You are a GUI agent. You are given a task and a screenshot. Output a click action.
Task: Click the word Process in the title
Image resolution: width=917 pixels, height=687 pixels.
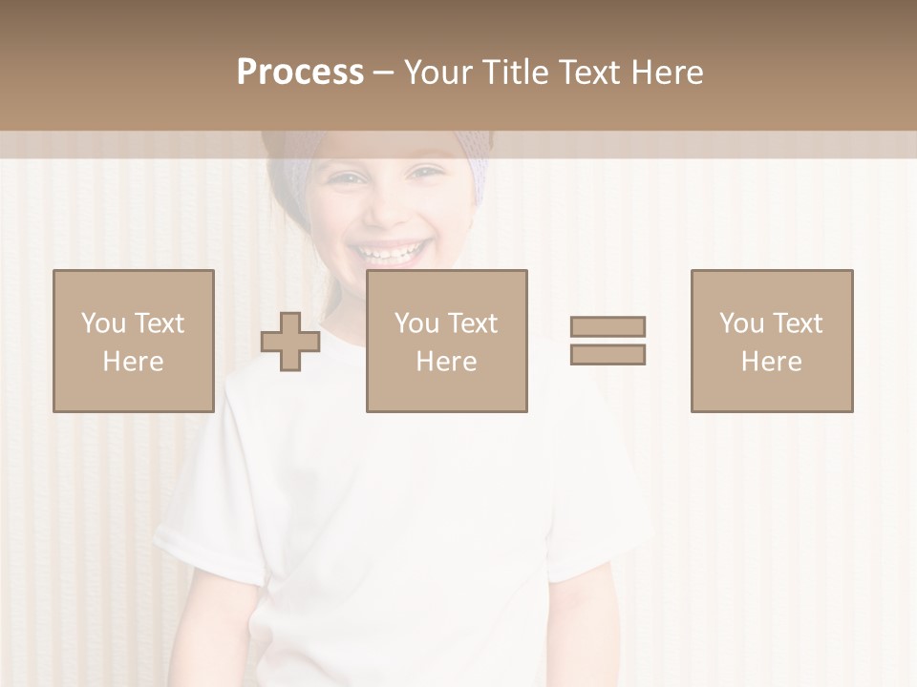point(300,73)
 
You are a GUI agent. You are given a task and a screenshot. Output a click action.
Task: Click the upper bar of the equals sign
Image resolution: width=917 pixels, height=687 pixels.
point(608,326)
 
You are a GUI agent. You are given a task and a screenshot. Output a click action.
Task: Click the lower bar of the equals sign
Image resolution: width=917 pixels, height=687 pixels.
point(608,355)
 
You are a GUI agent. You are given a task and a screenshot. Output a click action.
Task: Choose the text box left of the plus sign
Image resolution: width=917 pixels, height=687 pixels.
point(134,341)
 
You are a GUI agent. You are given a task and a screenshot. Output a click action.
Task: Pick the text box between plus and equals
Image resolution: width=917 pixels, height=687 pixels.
point(447,341)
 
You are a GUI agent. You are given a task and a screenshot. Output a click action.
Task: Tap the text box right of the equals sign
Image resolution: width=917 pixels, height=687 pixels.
point(772,341)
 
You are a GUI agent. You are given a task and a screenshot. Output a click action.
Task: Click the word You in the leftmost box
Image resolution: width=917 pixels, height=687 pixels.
point(102,323)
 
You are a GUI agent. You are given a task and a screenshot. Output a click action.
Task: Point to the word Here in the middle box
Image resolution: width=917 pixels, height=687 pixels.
point(447,362)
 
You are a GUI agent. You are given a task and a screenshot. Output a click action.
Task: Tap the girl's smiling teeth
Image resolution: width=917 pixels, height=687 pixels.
point(389,253)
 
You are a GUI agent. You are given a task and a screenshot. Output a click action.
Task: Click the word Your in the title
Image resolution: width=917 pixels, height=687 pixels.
point(438,73)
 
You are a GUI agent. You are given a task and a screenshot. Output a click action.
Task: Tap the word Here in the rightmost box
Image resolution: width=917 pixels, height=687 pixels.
point(772,362)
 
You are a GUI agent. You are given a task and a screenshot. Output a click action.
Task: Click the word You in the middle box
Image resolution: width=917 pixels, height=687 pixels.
point(416,323)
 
